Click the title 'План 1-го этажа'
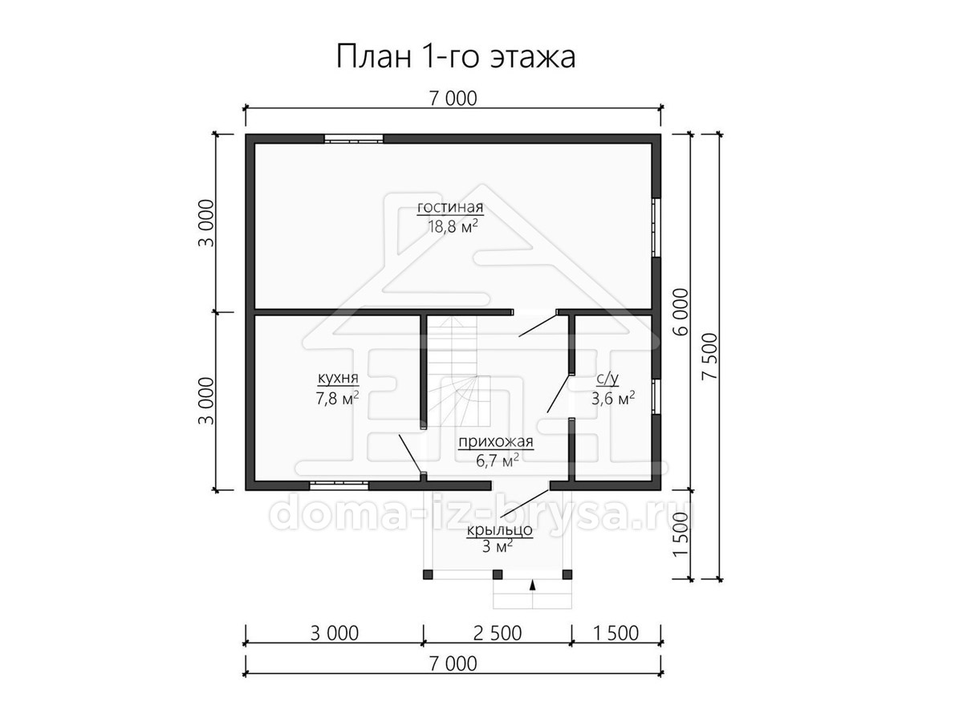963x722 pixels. (x=455, y=56)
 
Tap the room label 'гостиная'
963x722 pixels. (x=450, y=207)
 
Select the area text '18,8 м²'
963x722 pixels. (x=453, y=227)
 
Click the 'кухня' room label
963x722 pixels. (x=338, y=378)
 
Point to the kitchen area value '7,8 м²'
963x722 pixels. (x=337, y=398)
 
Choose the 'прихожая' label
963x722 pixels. (x=496, y=441)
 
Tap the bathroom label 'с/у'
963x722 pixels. (x=607, y=379)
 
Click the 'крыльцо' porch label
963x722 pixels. (x=499, y=530)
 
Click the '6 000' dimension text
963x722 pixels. (x=681, y=312)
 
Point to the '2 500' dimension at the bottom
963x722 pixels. (x=498, y=633)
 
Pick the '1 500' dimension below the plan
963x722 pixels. (x=616, y=633)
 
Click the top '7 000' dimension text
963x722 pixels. (x=453, y=99)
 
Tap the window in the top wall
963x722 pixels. (x=353, y=139)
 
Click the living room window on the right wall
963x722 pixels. (x=656, y=227)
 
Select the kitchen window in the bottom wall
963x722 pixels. (x=339, y=485)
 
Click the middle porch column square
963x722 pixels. (x=498, y=574)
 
